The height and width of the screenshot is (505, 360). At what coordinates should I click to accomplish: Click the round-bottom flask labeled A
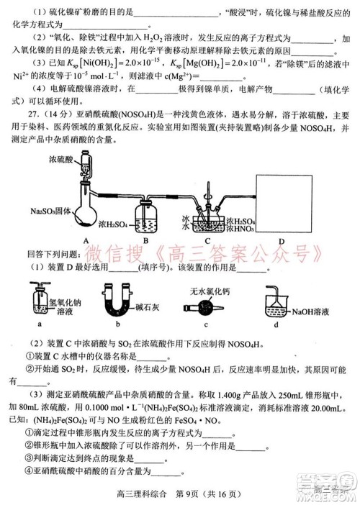[85, 212]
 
